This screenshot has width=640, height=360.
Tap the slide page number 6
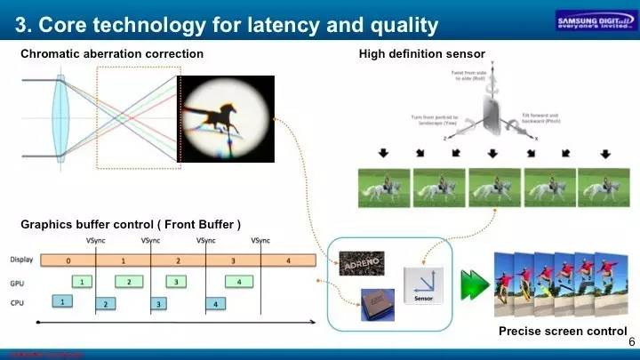click(631, 342)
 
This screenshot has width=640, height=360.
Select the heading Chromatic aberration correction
click(112, 54)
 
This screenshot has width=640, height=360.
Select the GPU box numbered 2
click(129, 282)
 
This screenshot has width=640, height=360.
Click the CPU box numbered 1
click(62, 302)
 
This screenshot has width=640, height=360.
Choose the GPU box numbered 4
click(238, 282)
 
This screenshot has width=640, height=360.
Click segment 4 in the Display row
click(288, 261)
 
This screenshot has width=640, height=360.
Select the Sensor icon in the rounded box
click(421, 284)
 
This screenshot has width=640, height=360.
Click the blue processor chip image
click(377, 304)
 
